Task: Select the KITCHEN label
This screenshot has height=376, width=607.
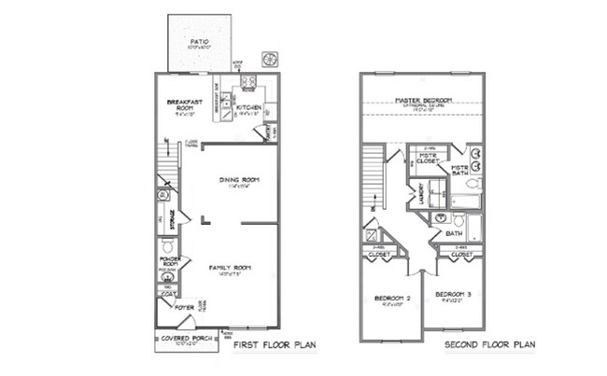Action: click(248, 108)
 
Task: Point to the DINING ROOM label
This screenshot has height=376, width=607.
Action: click(238, 179)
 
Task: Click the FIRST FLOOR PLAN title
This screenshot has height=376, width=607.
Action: click(275, 344)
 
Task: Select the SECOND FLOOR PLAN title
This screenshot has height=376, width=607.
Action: click(488, 344)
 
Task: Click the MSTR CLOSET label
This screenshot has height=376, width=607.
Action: click(429, 159)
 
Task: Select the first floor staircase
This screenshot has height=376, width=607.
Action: click(164, 169)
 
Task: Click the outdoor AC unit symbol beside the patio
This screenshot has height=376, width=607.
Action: click(271, 59)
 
